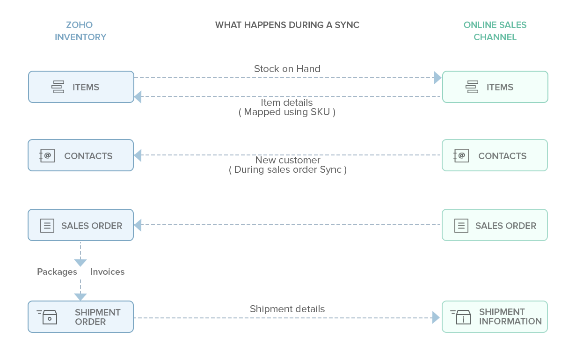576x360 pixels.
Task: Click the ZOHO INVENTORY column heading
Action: point(80,31)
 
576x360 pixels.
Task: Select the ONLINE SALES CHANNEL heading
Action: point(495,31)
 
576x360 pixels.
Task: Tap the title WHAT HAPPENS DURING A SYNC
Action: point(287,25)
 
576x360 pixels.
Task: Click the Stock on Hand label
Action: point(287,69)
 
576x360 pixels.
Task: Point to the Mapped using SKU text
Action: point(287,112)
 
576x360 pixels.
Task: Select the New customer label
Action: point(287,160)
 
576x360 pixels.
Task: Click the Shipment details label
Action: point(287,309)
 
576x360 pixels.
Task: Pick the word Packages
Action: point(57,272)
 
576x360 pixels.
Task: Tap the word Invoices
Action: point(107,272)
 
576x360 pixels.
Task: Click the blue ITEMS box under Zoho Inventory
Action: point(81,87)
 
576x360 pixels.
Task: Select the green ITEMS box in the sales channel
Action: point(495,87)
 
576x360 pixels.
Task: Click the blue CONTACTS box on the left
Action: point(80,155)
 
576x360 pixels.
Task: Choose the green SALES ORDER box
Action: point(495,225)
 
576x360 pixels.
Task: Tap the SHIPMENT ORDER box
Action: point(80,317)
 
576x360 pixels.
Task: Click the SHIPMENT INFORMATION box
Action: point(495,317)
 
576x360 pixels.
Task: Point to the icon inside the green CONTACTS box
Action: point(461,155)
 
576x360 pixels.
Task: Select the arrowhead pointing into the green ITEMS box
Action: point(437,78)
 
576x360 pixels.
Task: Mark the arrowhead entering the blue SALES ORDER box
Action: point(138,225)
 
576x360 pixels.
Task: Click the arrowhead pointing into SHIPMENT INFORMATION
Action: point(436,318)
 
